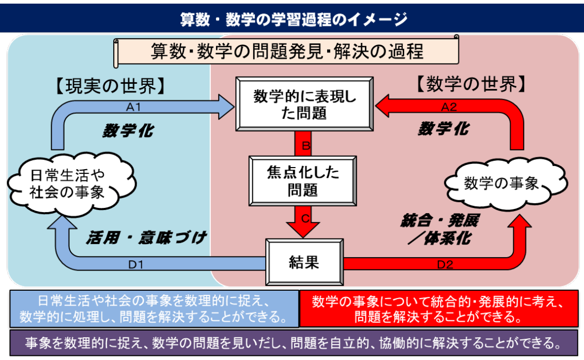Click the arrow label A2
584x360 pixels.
tap(449, 107)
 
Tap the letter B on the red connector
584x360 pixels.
tap(306, 146)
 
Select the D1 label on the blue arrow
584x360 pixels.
tap(135, 264)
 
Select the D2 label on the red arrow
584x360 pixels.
tap(445, 264)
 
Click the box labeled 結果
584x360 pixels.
tap(304, 262)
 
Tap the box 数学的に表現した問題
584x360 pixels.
tap(305, 104)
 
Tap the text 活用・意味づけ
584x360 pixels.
tap(146, 238)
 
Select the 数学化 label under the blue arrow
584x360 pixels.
tap(127, 130)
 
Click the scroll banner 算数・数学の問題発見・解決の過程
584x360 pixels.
tap(287, 51)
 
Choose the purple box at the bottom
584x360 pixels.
tap(294, 342)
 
